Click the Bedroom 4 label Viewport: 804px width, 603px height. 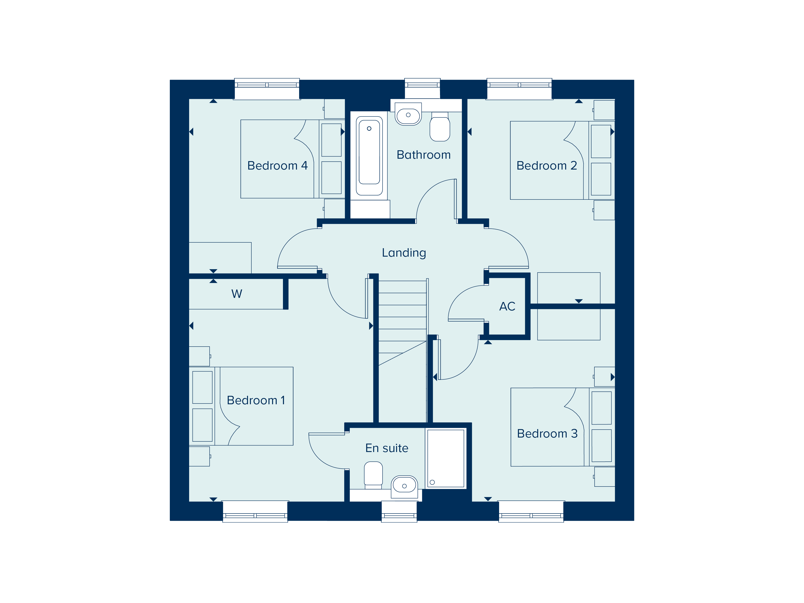pyautogui.click(x=277, y=166)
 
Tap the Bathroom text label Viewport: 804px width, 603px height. pyautogui.click(x=423, y=155)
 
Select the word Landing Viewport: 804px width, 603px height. pyautogui.click(x=404, y=253)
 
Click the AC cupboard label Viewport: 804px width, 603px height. pyautogui.click(x=507, y=306)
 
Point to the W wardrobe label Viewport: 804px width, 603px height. pyautogui.click(x=237, y=294)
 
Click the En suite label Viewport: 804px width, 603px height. pyautogui.click(x=387, y=448)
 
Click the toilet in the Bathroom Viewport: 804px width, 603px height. pyautogui.click(x=440, y=127)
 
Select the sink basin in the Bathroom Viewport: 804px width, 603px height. pyautogui.click(x=408, y=116)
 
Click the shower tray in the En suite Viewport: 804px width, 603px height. pyautogui.click(x=446, y=458)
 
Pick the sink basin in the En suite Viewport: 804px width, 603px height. pyautogui.click(x=404, y=486)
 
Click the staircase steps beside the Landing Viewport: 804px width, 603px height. pyautogui.click(x=402, y=316)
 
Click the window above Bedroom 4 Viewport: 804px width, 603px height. pyautogui.click(x=267, y=88)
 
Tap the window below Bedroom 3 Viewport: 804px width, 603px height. pyautogui.click(x=531, y=512)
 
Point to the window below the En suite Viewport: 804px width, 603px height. pyautogui.click(x=399, y=512)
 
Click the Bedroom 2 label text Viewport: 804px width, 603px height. pyautogui.click(x=547, y=166)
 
